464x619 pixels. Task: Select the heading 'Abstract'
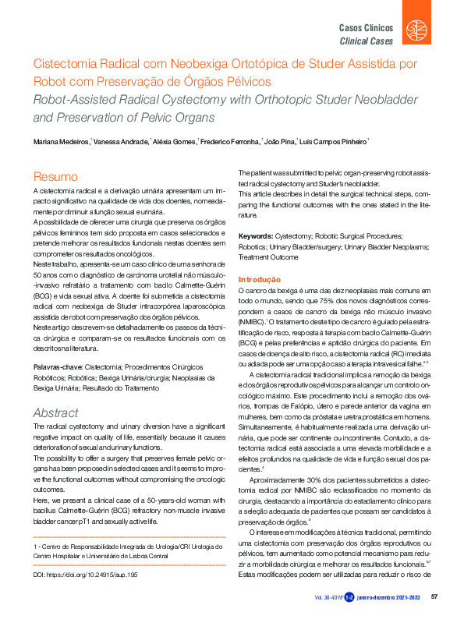55,412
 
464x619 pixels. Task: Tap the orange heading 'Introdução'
259,279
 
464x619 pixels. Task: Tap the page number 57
434,597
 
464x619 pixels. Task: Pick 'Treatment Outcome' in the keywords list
269,256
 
